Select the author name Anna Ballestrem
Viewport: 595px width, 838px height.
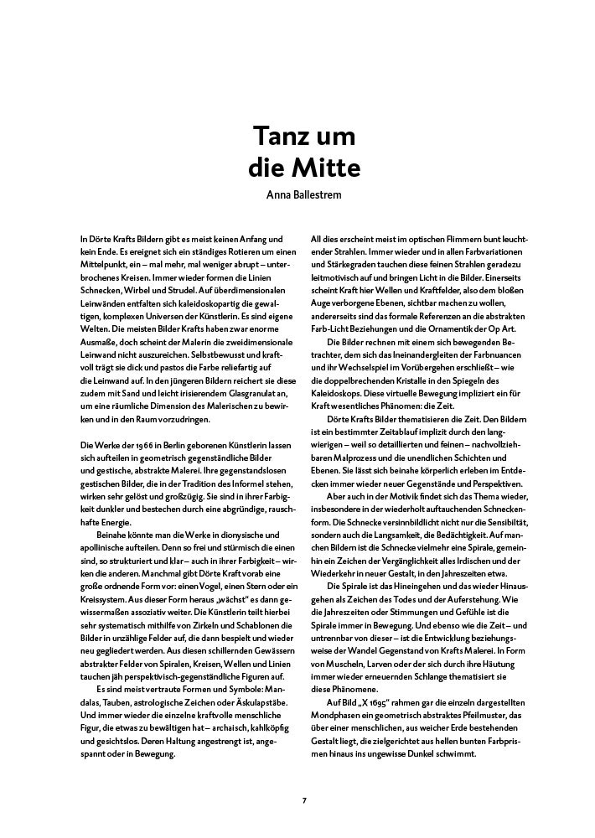(304, 195)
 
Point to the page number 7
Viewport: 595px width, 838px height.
(304, 800)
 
